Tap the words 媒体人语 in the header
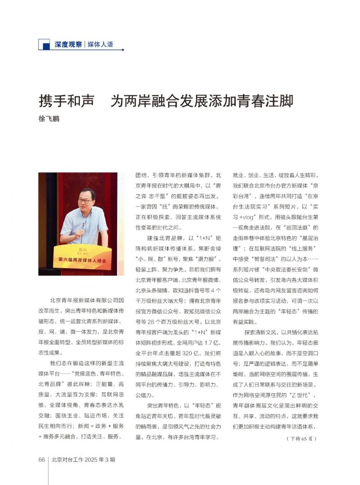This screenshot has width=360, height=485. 99,44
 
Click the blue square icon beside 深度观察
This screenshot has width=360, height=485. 44,44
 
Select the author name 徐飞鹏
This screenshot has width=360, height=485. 49,119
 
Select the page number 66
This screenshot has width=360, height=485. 41,460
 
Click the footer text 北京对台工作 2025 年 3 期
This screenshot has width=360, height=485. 84,460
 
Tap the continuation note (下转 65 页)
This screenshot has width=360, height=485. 301,438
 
